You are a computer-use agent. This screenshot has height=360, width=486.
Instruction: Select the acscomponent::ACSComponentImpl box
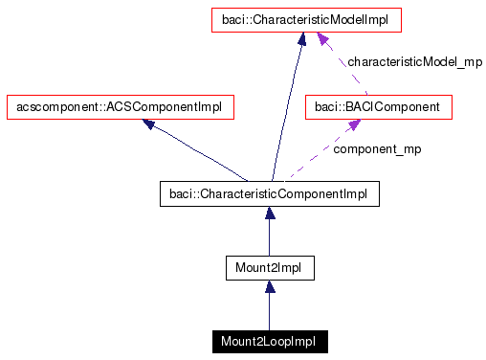point(120,107)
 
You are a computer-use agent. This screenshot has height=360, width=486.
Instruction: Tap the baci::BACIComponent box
point(378,107)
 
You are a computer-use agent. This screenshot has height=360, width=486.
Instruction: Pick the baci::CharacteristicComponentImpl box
point(270,194)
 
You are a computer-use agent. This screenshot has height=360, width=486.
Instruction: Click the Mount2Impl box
point(269,268)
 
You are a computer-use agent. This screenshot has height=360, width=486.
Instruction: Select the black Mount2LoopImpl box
point(270,341)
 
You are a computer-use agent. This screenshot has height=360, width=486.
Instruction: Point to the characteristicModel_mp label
point(414,61)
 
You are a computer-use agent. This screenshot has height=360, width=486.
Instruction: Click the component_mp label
point(377,149)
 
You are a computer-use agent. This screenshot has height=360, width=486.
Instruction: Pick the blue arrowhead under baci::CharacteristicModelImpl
point(301,39)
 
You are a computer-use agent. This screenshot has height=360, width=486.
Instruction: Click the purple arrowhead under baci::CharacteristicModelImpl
point(324,39)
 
